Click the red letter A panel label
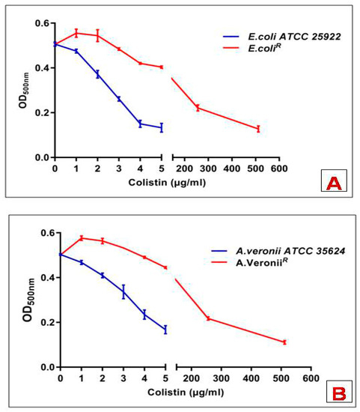[x=334, y=183]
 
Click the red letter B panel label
[x=339, y=393]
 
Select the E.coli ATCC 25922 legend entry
[x=281, y=37]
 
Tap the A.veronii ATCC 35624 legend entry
[x=278, y=251]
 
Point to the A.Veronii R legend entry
[x=249, y=262]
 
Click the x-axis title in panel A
[x=167, y=182]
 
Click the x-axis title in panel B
[x=186, y=392]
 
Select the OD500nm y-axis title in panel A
[x=23, y=91]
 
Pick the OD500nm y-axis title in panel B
[x=28, y=300]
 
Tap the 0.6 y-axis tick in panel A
[x=42, y=23]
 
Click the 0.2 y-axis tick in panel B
[x=48, y=322]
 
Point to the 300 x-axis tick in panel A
[x=208, y=168]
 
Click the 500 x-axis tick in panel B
[x=281, y=378]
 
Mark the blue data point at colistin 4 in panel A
[x=140, y=124]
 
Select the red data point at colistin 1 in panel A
[x=76, y=33]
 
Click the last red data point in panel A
[x=258, y=129]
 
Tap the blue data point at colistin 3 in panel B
[x=123, y=291]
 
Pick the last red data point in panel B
[x=284, y=342]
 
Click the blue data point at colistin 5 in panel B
[x=165, y=330]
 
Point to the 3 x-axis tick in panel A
[x=119, y=168]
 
